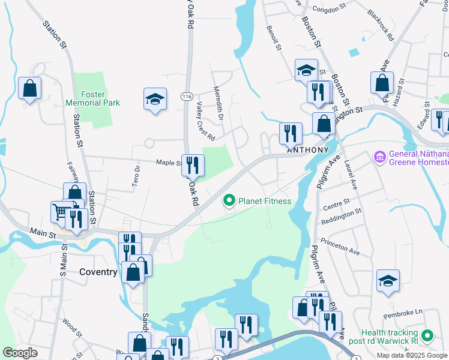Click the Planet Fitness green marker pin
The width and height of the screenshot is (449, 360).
(229, 200)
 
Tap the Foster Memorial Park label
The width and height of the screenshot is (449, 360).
(101, 98)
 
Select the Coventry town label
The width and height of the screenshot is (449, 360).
(98, 272)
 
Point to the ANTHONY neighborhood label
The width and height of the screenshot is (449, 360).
(308, 150)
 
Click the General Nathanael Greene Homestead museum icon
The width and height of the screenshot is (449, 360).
(379, 158)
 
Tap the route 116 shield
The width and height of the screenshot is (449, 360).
(187, 97)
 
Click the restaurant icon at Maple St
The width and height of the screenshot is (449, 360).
(193, 165)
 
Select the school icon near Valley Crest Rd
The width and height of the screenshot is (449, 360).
(155, 99)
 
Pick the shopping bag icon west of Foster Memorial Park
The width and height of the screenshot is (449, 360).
(29, 89)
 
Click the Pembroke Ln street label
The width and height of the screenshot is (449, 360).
(406, 313)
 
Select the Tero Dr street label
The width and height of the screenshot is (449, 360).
(136, 173)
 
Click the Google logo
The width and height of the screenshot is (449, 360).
(20, 353)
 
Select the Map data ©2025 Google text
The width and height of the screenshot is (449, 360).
(412, 355)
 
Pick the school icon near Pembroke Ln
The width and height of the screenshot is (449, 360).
(388, 281)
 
